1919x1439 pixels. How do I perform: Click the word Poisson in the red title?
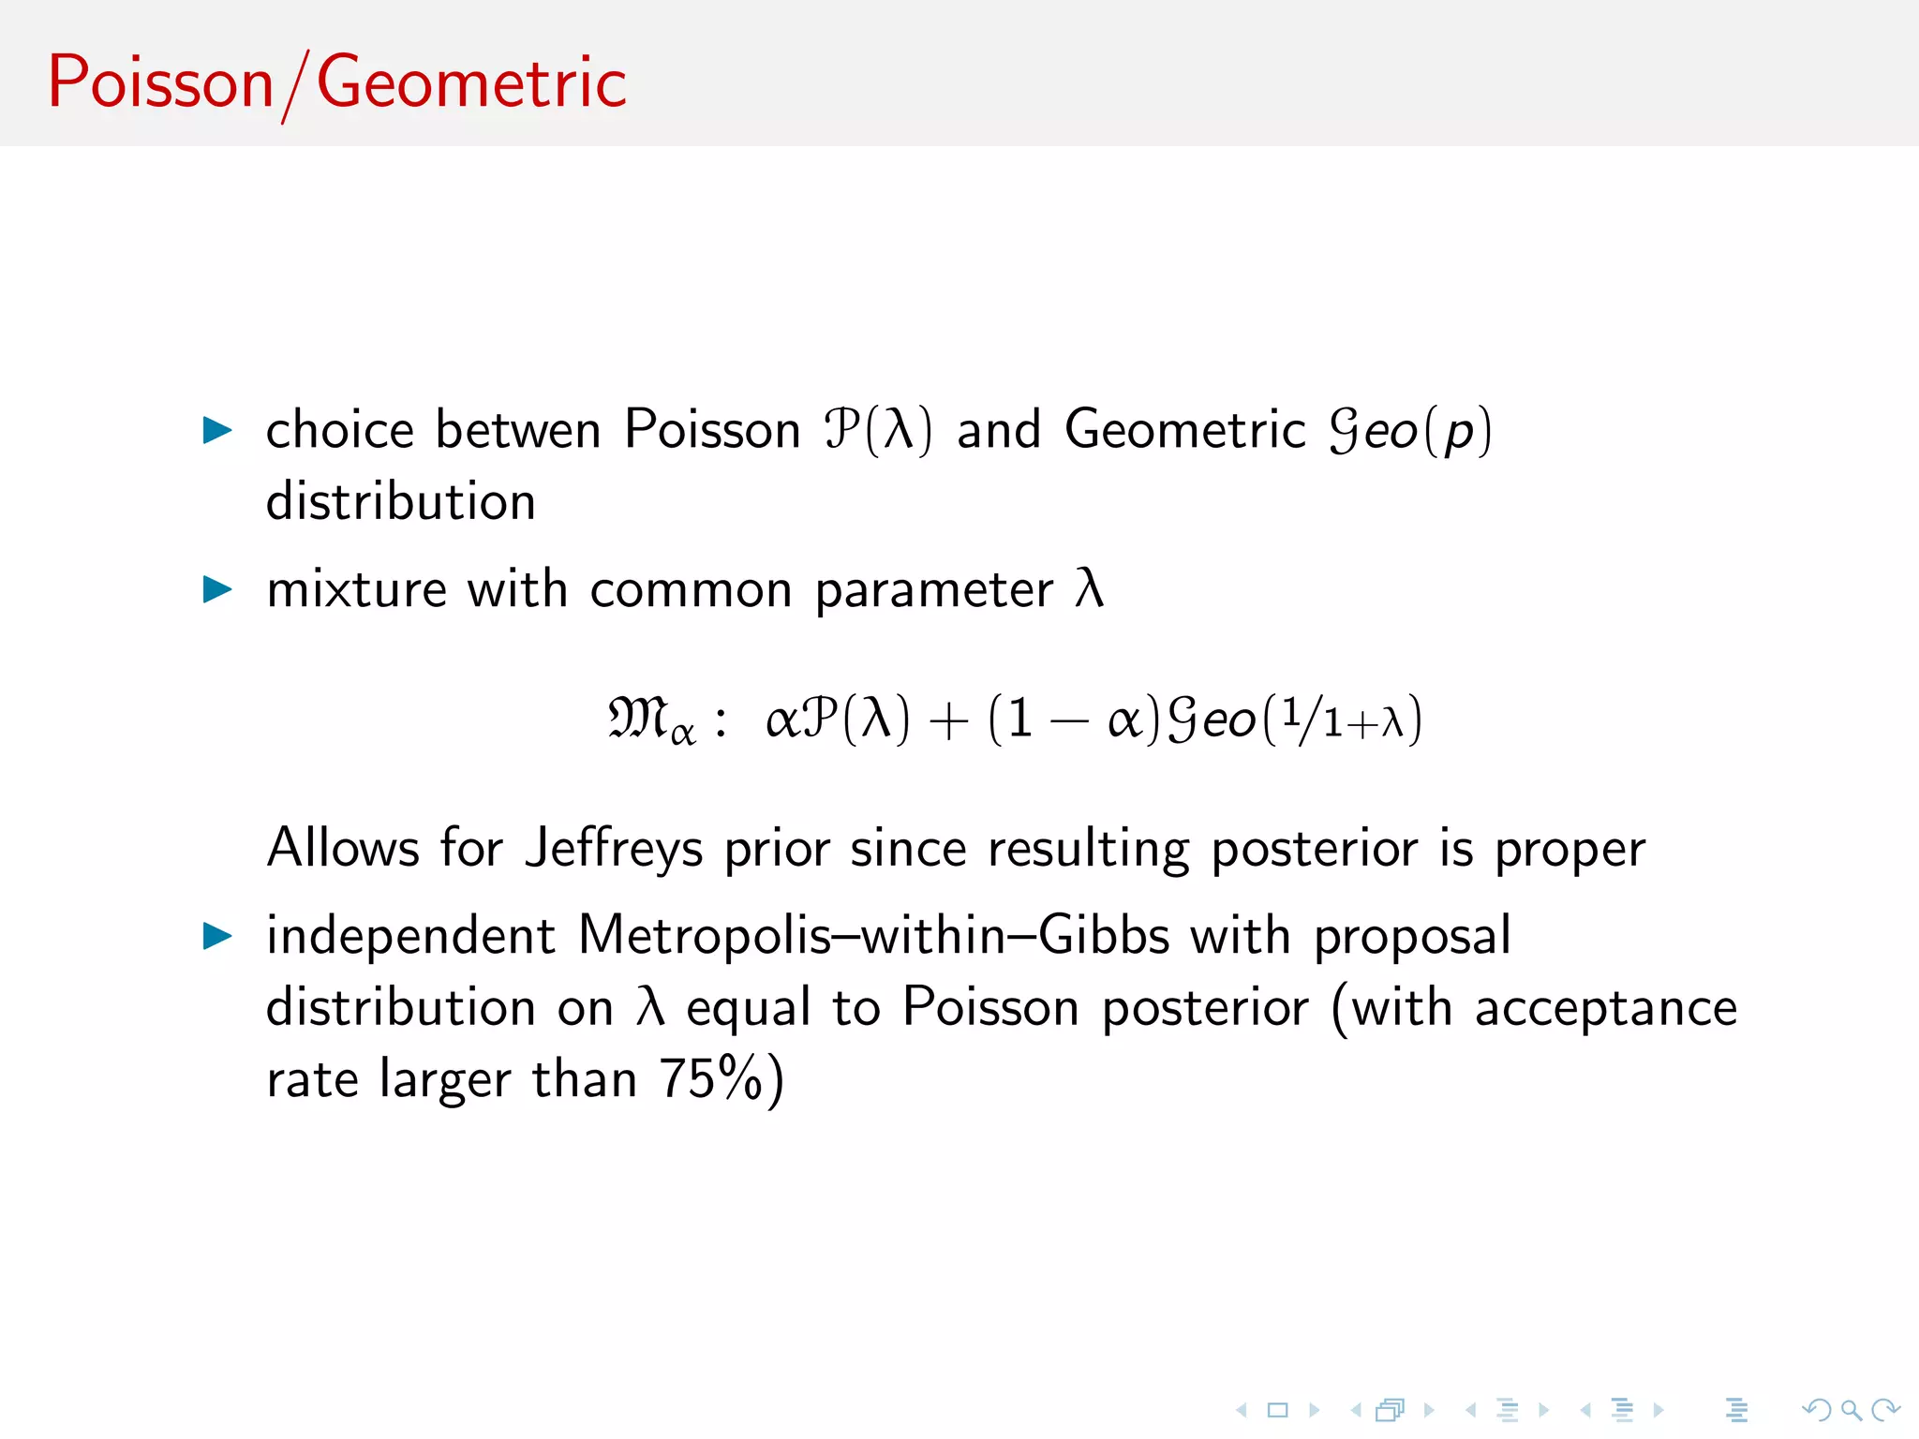160,82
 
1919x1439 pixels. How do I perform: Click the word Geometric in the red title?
471,82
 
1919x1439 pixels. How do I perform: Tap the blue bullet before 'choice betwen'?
217,431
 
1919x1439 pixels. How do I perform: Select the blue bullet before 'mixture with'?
217,590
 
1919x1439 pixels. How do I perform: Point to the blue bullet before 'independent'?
217,936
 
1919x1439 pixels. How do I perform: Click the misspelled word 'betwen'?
518,431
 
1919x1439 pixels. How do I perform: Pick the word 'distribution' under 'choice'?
401,502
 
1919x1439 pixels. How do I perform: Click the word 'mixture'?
356,590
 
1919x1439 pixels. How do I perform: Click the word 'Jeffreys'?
613,849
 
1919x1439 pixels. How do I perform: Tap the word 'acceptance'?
1605,1008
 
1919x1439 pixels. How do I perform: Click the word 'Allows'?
343,849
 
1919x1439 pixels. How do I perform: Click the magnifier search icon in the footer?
1851,1410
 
